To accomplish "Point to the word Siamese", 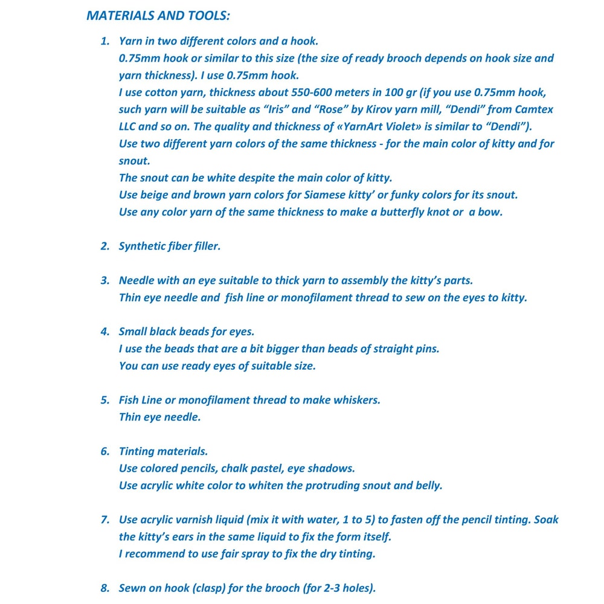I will tap(339, 195).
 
